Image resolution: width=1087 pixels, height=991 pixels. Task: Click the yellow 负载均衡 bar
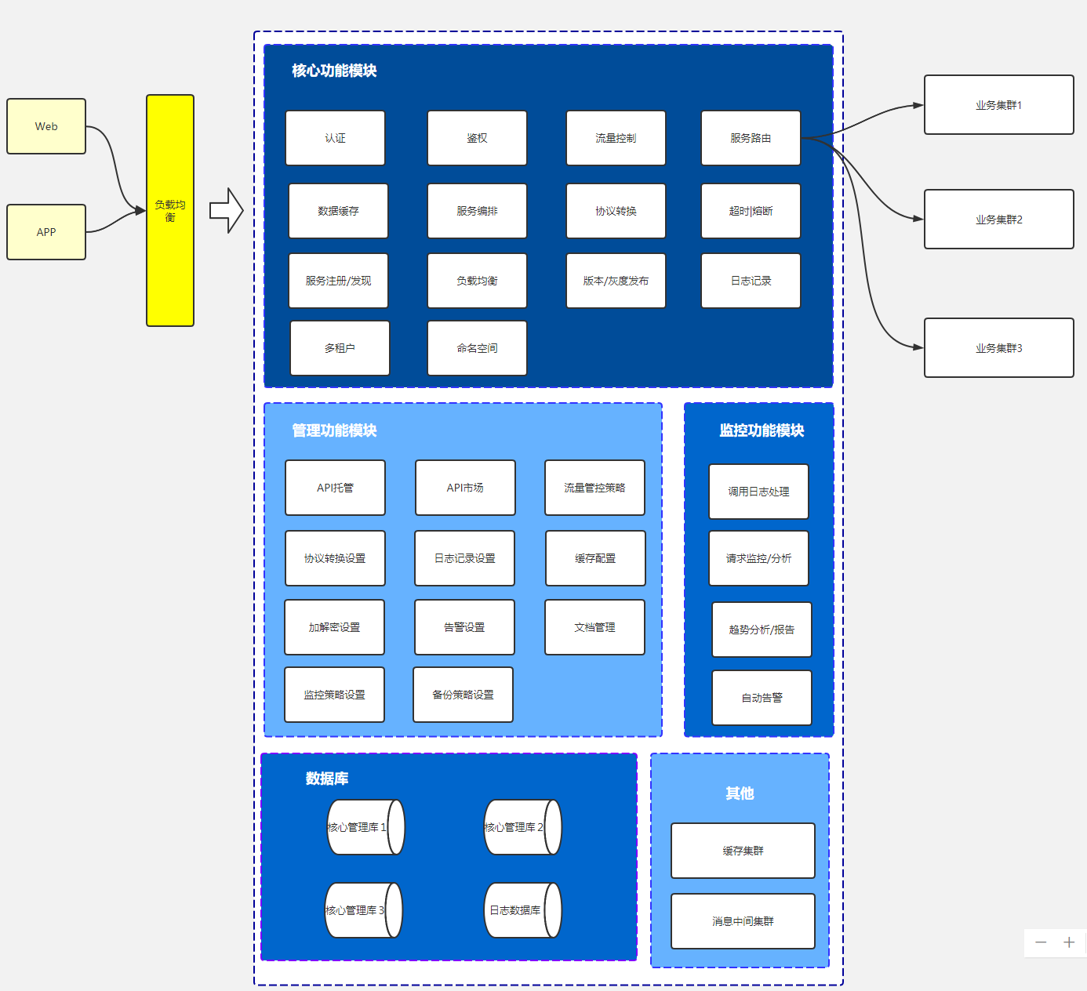[170, 210]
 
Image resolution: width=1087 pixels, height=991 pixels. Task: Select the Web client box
[46, 126]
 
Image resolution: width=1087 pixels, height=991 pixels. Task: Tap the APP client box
[46, 232]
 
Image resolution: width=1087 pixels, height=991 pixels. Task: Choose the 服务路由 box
[751, 138]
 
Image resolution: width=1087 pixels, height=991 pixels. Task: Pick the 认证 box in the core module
[335, 138]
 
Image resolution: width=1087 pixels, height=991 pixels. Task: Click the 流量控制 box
[616, 138]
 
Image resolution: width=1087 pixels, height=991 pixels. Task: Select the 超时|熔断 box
[751, 211]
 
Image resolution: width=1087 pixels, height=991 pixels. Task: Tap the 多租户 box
[340, 348]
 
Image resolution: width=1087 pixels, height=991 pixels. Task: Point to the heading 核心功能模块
[334, 71]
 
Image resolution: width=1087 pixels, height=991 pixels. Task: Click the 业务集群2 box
[998, 220]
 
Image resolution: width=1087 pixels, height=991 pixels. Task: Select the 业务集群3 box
[998, 348]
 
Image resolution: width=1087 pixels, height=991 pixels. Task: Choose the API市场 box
[465, 488]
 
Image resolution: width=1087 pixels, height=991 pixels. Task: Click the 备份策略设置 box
[463, 695]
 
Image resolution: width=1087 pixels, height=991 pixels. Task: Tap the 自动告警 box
[762, 698]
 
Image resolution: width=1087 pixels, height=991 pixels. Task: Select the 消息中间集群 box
[743, 921]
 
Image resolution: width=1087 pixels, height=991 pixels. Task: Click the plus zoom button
[1068, 942]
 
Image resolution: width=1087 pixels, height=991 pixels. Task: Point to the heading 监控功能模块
[762, 430]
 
